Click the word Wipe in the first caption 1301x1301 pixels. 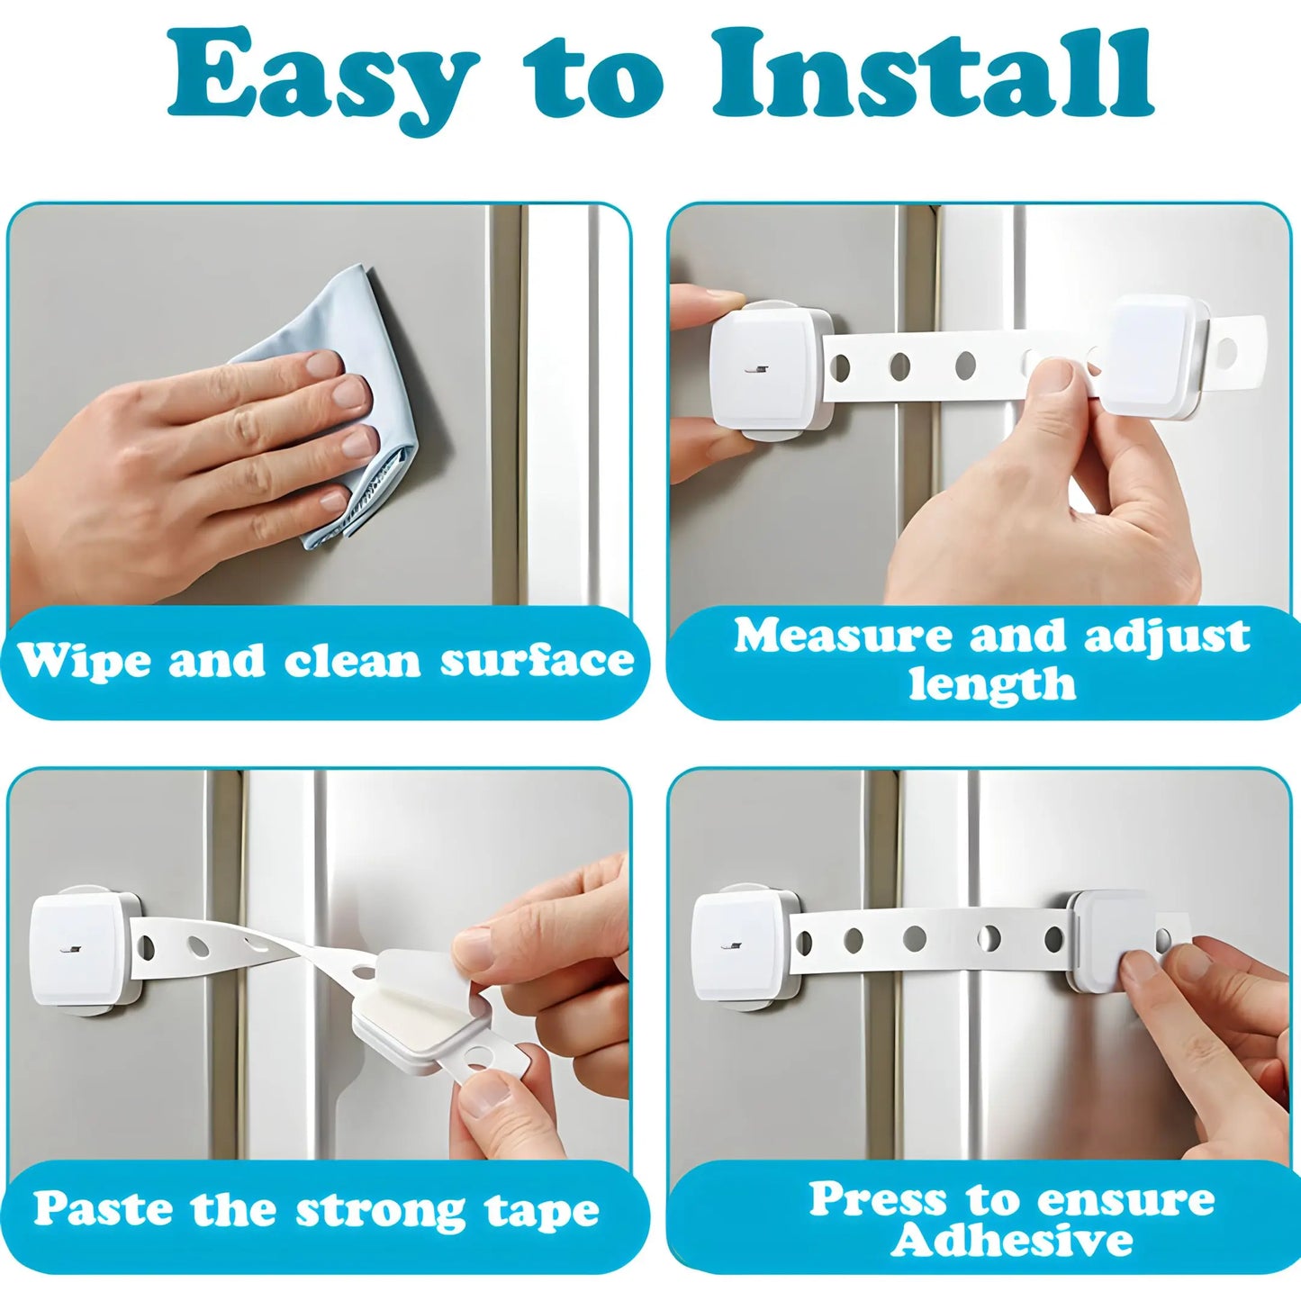(x=85, y=662)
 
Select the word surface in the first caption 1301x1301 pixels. (x=537, y=662)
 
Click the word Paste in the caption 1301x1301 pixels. (x=102, y=1209)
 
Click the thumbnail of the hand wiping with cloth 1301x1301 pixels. (x=320, y=405)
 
